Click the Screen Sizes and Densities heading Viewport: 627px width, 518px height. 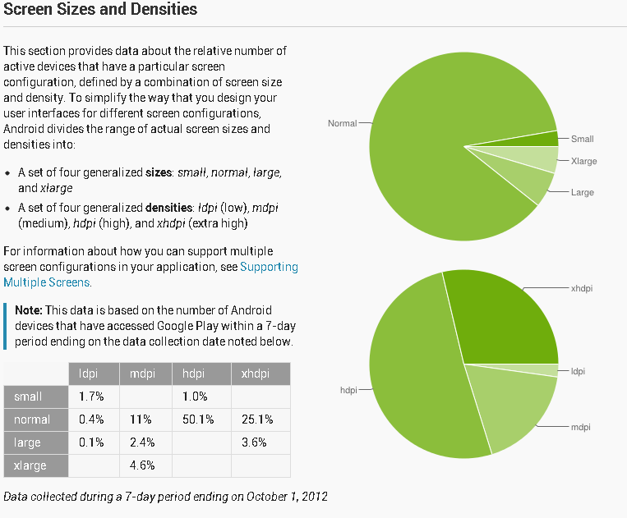pos(100,11)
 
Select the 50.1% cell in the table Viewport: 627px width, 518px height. pos(199,419)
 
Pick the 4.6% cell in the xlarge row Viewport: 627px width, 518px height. pos(141,465)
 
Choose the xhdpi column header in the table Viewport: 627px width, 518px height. pos(256,374)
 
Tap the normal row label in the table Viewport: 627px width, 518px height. pos(32,419)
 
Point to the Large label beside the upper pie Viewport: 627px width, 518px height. pos(582,192)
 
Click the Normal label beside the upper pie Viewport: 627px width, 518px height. pos(342,123)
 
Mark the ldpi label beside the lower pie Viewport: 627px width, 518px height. pos(578,371)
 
